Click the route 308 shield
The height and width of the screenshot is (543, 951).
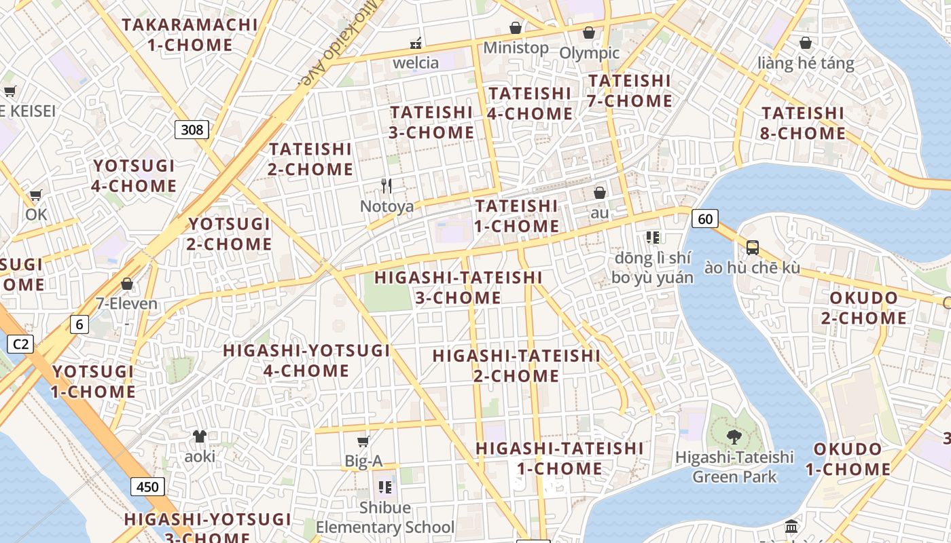tap(192, 129)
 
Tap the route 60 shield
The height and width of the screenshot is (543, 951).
tap(705, 218)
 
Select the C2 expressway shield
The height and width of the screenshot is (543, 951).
tap(20, 344)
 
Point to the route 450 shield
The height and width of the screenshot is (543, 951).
tap(147, 486)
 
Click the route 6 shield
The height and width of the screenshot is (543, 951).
tap(79, 324)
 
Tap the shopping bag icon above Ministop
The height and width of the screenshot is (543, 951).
tap(516, 28)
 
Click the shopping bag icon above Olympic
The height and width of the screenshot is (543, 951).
tap(589, 33)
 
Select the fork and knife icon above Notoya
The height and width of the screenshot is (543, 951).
tap(387, 186)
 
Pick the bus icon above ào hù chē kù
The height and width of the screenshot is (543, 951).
tap(752, 248)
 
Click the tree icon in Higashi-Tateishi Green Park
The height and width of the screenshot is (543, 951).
tap(734, 436)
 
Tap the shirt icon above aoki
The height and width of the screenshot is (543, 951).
tap(200, 436)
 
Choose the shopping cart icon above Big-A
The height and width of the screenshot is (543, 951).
tap(363, 442)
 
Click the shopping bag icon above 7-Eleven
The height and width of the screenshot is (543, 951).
tap(126, 284)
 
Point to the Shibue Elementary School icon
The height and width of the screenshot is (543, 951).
tap(385, 487)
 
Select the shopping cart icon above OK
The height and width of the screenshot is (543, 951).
tap(36, 195)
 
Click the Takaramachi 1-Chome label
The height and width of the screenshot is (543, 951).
tap(190, 35)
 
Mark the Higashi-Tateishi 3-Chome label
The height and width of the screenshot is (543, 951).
tap(459, 287)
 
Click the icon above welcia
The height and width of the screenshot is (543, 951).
tap(416, 43)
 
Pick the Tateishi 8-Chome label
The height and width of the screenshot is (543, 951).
tap(803, 123)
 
